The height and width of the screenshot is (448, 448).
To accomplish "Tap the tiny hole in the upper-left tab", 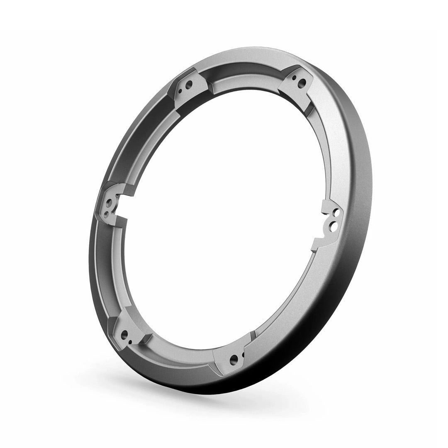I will (x=183, y=90).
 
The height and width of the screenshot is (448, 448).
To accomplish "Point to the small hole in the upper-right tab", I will (x=295, y=77).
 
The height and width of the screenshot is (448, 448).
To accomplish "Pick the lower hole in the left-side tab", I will (x=107, y=214).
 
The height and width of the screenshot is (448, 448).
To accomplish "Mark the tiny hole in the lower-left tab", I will (x=131, y=341).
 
